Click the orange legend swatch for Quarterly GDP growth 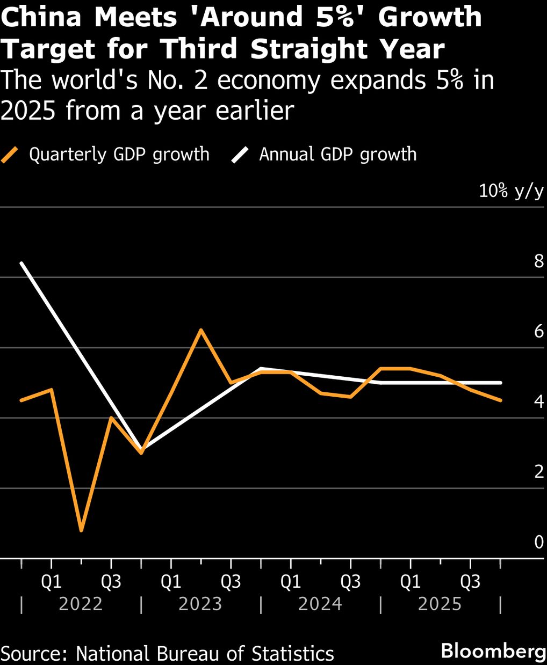coord(11,155)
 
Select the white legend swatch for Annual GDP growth coord(240,155)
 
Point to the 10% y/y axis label coord(511,191)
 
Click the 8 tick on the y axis coord(538,261)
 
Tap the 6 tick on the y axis coord(538,332)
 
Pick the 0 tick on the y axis coord(538,543)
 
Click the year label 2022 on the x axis coord(81,604)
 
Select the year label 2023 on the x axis coord(200,604)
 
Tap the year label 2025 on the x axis coord(440,604)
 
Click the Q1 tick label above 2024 coord(291,582)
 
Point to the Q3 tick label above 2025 coord(470,582)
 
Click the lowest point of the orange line coord(81,530)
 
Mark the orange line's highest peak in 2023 coord(200,330)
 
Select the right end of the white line coord(501,383)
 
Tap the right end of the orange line coord(501,400)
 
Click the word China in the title coord(41,17)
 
